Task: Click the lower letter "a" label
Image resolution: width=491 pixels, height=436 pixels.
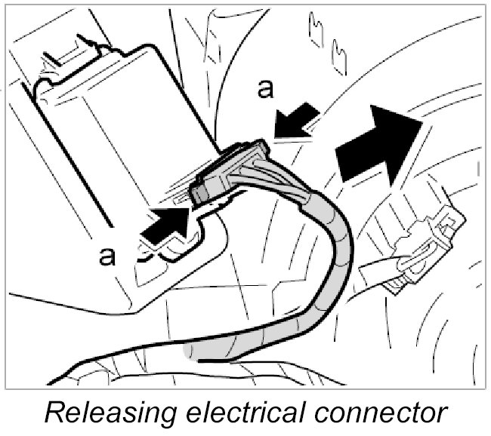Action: [107, 256]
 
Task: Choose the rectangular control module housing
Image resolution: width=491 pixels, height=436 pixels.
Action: [113, 128]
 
